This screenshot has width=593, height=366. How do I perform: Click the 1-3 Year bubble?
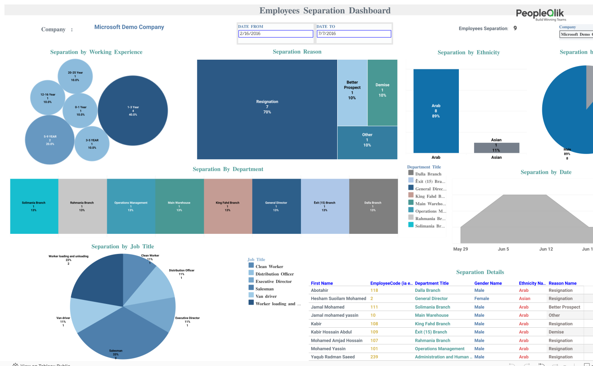coord(133,110)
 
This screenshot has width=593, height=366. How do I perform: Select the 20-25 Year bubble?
coord(75,76)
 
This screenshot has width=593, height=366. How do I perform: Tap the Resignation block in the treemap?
coord(267,109)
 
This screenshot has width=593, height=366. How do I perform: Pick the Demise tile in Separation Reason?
coord(382,92)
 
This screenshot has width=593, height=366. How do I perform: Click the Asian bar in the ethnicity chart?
coord(496,148)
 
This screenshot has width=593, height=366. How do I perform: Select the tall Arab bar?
coord(436,111)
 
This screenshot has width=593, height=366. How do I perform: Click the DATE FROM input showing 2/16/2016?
coord(276,34)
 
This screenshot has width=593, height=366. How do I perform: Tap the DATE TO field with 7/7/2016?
coord(354,34)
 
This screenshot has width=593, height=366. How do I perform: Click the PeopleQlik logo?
coord(540,14)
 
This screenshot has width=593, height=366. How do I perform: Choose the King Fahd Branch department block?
coord(228,206)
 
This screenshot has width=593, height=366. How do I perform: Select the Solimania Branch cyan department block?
coord(34,206)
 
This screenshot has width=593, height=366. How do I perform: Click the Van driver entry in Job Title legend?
coord(265,296)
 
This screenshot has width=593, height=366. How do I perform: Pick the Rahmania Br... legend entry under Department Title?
coord(430,219)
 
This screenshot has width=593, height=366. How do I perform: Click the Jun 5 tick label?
coord(503,249)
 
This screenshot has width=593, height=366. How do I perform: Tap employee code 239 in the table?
coord(374,357)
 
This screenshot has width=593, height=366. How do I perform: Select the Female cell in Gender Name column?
coord(481,299)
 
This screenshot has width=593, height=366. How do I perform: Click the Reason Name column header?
coord(562,283)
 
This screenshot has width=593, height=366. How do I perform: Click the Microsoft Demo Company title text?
coord(129,27)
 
